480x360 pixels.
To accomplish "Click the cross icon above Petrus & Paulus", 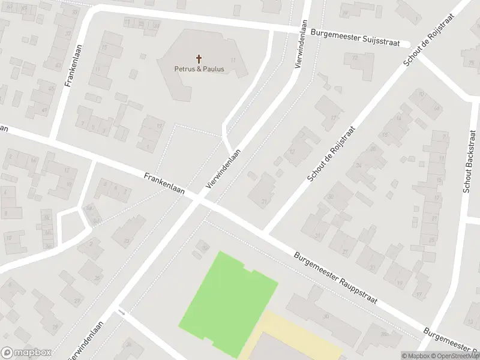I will tap(199, 59).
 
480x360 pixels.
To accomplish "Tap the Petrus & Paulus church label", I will tap(199, 69).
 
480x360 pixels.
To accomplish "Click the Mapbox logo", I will tap(26, 353).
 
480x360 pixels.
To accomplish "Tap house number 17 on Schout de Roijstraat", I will tap(334, 118).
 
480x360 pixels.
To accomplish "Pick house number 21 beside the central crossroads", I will tap(264, 201).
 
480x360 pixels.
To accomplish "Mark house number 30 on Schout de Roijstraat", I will tap(331, 196).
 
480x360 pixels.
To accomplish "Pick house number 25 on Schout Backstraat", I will tap(432, 239).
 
